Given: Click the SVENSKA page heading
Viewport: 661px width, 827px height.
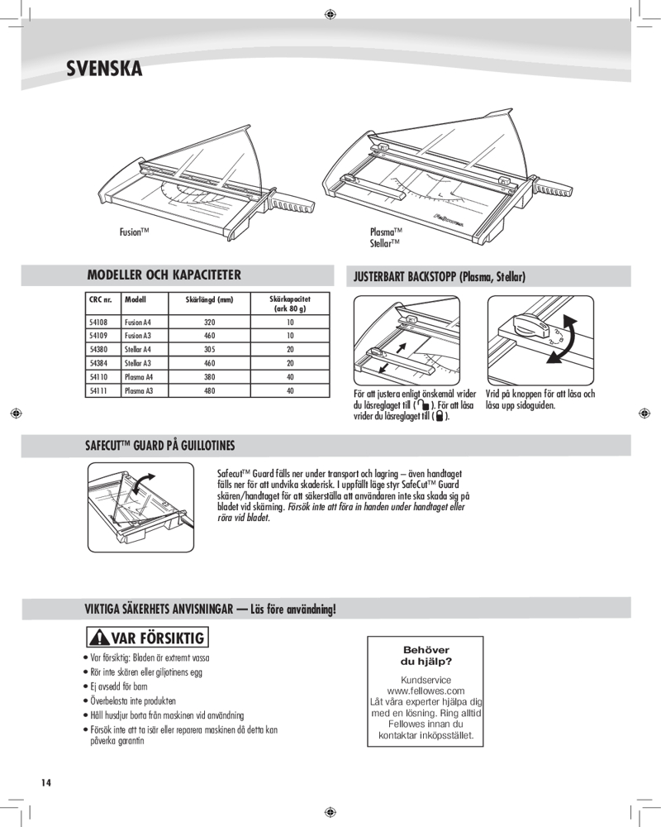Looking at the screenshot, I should click(x=104, y=69).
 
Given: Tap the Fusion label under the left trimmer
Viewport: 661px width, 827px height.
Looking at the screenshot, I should click(x=133, y=235).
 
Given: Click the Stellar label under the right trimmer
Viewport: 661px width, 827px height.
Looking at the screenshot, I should click(x=384, y=243).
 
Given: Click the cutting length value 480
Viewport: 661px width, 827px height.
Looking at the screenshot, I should click(x=209, y=390).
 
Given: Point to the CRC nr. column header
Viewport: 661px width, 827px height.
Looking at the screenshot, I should click(x=99, y=299).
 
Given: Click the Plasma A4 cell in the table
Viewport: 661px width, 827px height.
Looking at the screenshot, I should click(x=138, y=377).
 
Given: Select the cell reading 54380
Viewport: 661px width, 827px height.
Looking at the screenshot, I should click(x=97, y=350).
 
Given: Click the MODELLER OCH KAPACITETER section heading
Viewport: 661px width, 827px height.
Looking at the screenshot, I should click(x=164, y=275).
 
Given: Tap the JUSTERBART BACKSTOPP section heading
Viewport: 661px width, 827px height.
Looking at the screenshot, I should click(x=440, y=276).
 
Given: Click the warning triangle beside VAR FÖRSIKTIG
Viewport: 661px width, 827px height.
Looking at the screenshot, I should click(x=100, y=639).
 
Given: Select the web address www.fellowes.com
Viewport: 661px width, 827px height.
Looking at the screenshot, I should click(x=426, y=690).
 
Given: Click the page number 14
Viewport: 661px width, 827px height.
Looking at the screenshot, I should click(x=45, y=782).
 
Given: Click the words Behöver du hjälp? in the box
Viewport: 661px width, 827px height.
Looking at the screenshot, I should click(x=426, y=656).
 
